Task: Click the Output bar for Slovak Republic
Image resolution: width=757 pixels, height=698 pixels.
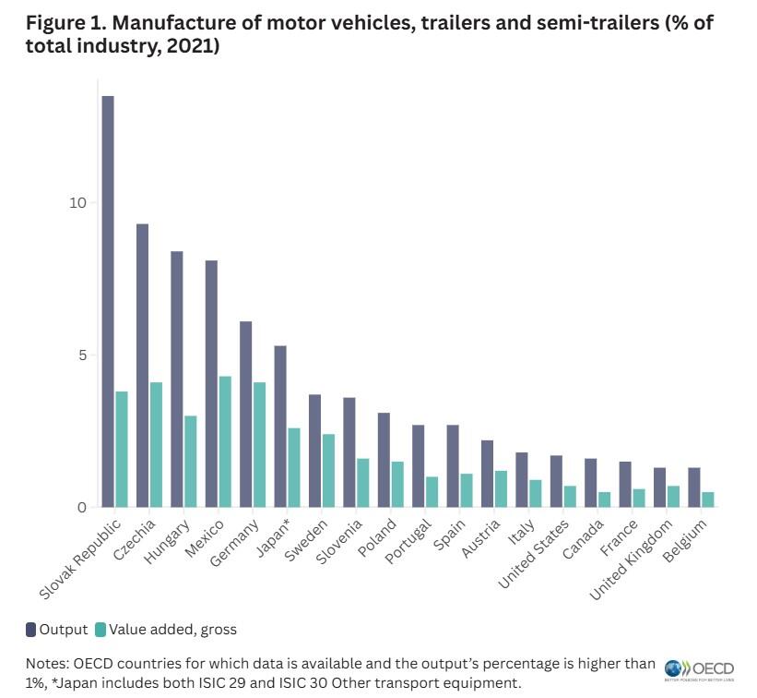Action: click(x=108, y=301)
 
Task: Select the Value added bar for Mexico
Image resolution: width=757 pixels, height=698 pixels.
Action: click(x=225, y=441)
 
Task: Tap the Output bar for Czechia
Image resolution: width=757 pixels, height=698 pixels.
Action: click(x=142, y=366)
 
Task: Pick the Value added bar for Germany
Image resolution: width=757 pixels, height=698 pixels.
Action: click(x=260, y=444)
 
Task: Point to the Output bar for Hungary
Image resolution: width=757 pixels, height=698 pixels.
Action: click(x=177, y=379)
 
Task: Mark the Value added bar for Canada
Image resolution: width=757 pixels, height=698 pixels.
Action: click(x=605, y=499)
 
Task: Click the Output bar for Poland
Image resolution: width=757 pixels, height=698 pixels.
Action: click(x=384, y=460)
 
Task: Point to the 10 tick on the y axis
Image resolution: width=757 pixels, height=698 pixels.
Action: click(x=78, y=203)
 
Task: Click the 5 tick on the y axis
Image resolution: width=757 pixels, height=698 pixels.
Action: click(x=83, y=355)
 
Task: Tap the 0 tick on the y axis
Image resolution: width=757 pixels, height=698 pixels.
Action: click(x=83, y=508)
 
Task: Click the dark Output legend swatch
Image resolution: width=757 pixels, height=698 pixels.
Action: click(x=30, y=630)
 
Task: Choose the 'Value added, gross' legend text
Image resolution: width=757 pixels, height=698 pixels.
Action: click(x=172, y=630)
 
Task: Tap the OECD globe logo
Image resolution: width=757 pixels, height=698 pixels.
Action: click(x=675, y=668)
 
